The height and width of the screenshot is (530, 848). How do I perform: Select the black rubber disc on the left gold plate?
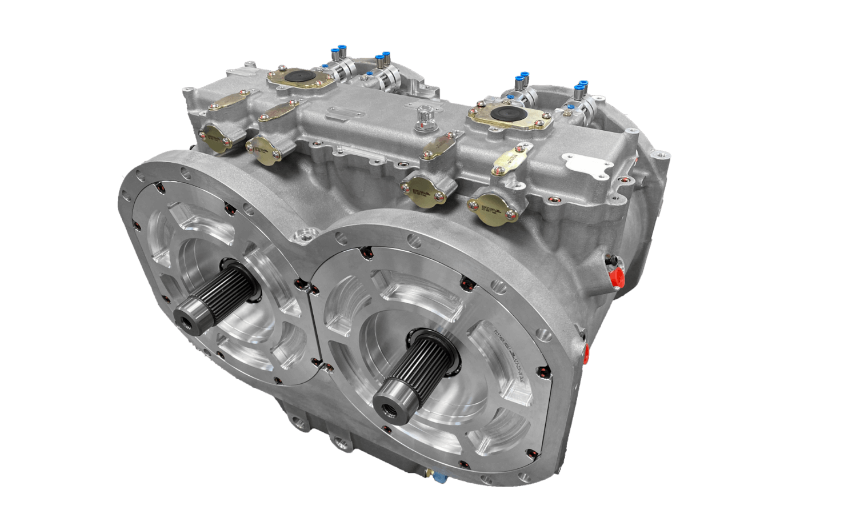point(301,77)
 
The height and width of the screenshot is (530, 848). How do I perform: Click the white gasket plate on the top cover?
point(587,167)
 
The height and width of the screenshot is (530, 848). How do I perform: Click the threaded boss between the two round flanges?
point(302,235)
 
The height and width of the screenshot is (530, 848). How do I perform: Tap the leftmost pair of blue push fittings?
point(339,54)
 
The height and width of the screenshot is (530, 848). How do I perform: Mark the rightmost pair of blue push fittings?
point(581,87)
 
